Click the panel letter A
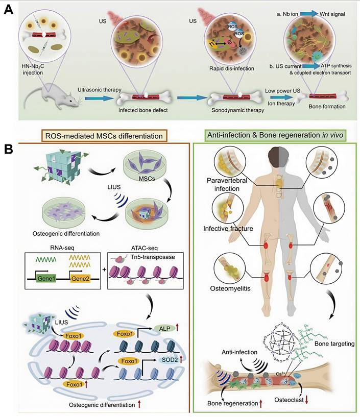[x=9, y=11]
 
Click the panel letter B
[x=9, y=150]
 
